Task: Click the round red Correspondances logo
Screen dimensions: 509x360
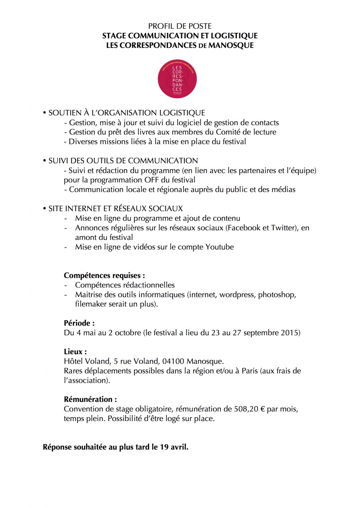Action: (x=178, y=79)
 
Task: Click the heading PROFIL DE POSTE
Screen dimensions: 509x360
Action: (x=180, y=26)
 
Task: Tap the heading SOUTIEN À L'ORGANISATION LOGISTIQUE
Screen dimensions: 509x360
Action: (x=126, y=113)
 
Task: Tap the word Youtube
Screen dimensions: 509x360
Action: (x=220, y=247)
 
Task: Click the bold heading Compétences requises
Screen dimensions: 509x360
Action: (x=104, y=275)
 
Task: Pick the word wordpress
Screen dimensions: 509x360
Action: (x=239, y=295)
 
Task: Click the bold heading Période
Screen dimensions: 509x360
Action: (x=79, y=323)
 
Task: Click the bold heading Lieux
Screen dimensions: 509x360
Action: (x=75, y=352)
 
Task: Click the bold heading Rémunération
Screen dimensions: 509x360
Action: (x=90, y=399)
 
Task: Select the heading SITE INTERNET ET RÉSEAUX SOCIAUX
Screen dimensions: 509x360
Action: (x=115, y=208)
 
